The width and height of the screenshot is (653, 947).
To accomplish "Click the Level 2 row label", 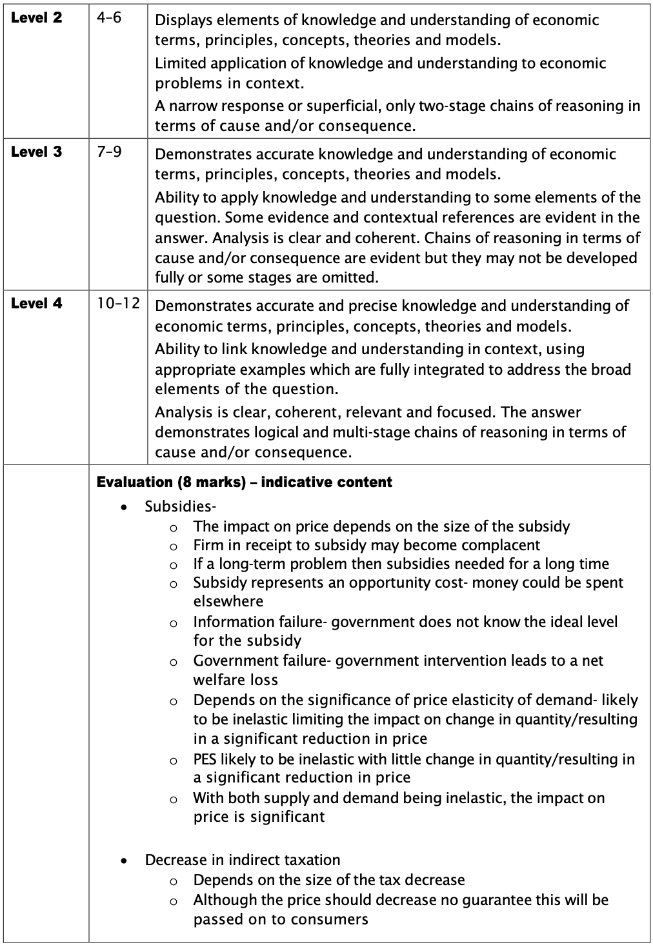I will pos(37,18).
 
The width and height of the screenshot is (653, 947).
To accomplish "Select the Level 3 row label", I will pos(37,152).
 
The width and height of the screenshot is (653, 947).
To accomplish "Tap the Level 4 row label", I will pos(37,303).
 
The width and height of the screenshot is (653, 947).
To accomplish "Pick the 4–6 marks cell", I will pos(109,18).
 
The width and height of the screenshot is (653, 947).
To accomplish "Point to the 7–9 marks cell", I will pos(109,152).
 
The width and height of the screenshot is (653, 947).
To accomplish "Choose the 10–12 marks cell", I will pos(118,303).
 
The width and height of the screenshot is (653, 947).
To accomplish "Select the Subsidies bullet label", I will pos(180,506).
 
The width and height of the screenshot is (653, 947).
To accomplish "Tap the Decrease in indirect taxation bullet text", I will pos(242,860).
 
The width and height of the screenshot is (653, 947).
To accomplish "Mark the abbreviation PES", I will pos(206,759).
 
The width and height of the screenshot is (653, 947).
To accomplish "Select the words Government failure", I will pos(261,661).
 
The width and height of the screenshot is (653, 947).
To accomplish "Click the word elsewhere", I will pos(228,601).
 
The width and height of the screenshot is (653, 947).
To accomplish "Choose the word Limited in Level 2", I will pos(180,63).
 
